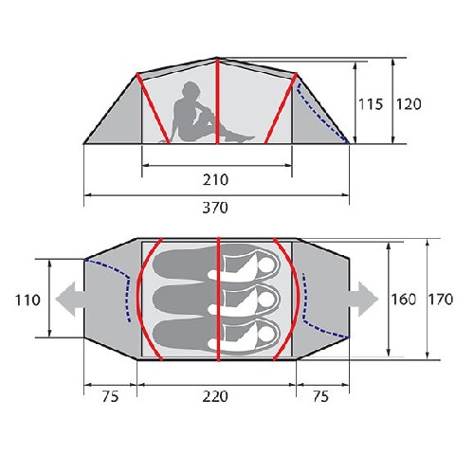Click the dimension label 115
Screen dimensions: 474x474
[x=371, y=104]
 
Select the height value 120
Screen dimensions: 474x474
[x=409, y=104]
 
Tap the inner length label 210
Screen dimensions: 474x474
[x=215, y=180]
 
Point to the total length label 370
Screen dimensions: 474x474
[x=215, y=208]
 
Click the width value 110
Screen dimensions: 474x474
[x=27, y=300]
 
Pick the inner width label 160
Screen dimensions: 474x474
[x=404, y=300]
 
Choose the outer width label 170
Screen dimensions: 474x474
[x=441, y=299]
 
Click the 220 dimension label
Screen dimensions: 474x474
[x=215, y=396]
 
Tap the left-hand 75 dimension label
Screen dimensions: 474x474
[x=110, y=396]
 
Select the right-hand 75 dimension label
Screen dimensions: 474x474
[x=320, y=396]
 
